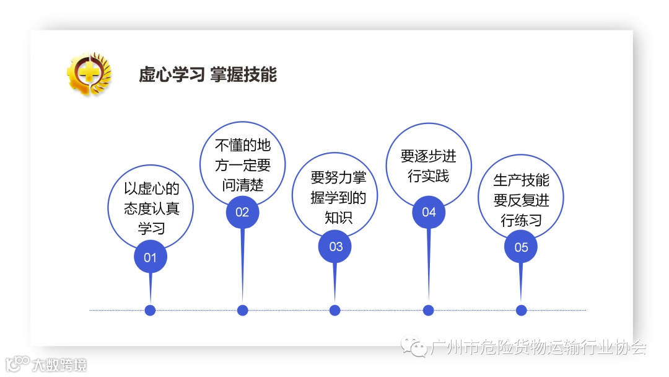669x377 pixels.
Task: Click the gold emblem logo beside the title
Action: click(89, 74)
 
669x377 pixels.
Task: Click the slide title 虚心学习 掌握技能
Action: click(208, 75)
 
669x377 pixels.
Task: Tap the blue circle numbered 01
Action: click(151, 257)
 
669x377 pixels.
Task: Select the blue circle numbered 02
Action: click(242, 212)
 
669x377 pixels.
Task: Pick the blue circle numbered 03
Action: click(335, 247)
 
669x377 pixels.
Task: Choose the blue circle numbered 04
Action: click(429, 212)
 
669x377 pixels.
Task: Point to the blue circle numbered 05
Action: click(521, 247)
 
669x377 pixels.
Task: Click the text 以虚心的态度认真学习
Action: click(151, 208)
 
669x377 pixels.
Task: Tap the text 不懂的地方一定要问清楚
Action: click(243, 165)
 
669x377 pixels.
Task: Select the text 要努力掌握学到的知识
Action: click(338, 198)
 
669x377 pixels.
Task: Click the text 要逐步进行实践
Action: click(428, 166)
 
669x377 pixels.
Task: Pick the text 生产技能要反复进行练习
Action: click(521, 200)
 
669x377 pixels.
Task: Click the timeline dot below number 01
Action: click(150, 310)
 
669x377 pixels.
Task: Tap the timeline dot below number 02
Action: click(243, 310)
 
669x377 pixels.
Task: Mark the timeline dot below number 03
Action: click(335, 310)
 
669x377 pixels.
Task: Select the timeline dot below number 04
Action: click(428, 310)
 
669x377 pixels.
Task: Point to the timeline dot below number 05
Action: click(521, 310)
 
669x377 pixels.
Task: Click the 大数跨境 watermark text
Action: click(59, 365)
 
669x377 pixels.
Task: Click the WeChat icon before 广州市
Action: click(414, 347)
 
